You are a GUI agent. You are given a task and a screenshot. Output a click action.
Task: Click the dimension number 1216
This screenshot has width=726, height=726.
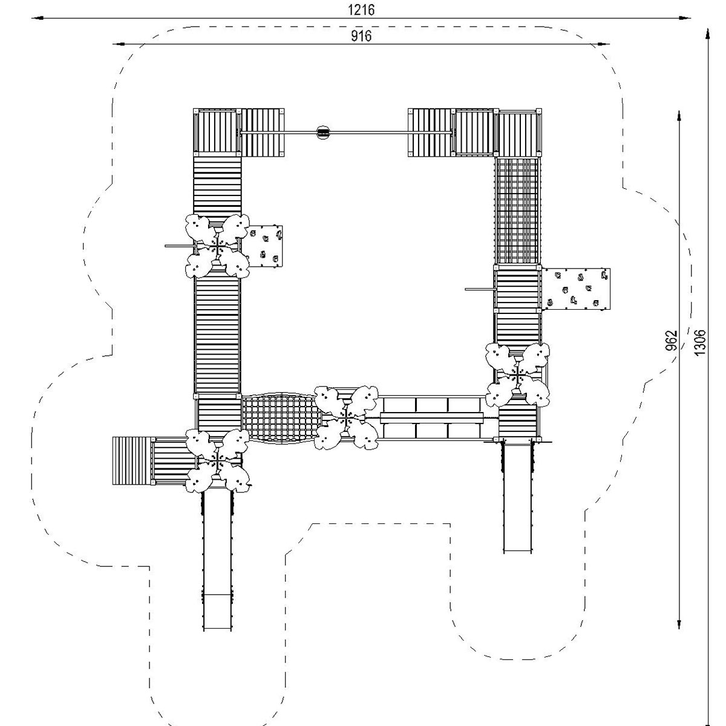pyautogui.click(x=361, y=10)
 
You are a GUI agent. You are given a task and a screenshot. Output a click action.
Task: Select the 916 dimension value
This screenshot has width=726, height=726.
pyautogui.click(x=361, y=36)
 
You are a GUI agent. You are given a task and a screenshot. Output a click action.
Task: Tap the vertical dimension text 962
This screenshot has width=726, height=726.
pyautogui.click(x=671, y=340)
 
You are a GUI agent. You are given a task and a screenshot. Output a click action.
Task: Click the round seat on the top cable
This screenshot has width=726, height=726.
pyautogui.click(x=323, y=132)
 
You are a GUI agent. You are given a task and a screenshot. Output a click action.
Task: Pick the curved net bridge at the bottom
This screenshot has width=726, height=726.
pyautogui.click(x=281, y=418)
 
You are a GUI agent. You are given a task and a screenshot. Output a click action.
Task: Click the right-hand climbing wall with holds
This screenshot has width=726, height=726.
pyautogui.click(x=576, y=289)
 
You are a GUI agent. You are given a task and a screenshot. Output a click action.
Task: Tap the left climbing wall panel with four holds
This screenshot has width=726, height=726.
pyautogui.click(x=265, y=246)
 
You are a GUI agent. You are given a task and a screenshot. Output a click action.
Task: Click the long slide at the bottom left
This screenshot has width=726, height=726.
pyautogui.click(x=217, y=563)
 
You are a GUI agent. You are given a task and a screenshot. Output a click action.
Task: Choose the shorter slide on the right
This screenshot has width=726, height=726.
pyautogui.click(x=518, y=497)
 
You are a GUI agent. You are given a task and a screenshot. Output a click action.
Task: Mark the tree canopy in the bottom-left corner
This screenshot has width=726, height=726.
pyautogui.click(x=217, y=461)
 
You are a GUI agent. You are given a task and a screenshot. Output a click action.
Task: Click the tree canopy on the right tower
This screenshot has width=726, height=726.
pyautogui.click(x=517, y=375)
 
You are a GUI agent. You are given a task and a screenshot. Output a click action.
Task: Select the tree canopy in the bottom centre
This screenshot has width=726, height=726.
pyautogui.click(x=346, y=418)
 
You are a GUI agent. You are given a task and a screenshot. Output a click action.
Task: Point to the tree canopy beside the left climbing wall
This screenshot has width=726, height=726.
pyautogui.click(x=217, y=246)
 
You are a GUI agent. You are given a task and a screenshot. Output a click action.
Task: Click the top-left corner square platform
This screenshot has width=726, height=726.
pyautogui.click(x=217, y=132)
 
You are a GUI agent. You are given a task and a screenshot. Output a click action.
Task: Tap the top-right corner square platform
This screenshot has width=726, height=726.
pyautogui.click(x=518, y=132)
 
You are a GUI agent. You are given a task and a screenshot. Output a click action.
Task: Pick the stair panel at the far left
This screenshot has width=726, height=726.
pyautogui.click(x=131, y=461)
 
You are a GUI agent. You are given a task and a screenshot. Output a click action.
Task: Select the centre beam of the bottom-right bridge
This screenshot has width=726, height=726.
pyautogui.click(x=431, y=417)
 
